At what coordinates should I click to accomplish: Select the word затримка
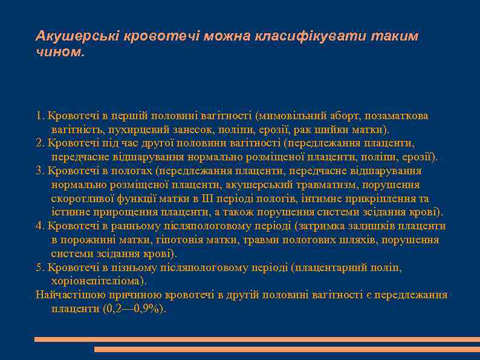point(323,226)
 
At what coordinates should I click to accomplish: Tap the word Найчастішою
point(70,295)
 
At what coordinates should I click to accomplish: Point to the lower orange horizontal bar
point(287,349)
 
